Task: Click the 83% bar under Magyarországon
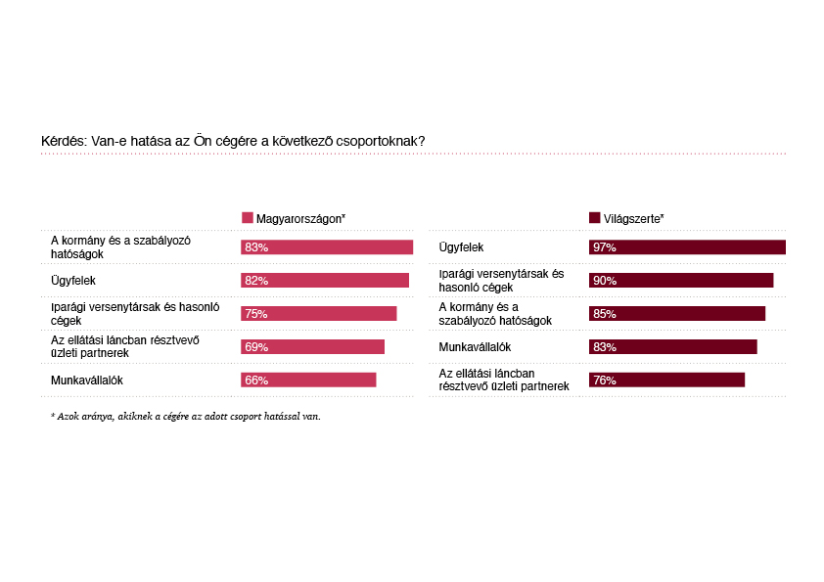click(x=327, y=247)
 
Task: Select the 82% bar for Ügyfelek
click(x=325, y=281)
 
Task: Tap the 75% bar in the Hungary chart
click(x=319, y=314)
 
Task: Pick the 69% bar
click(x=313, y=347)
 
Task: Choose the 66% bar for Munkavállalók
click(x=308, y=380)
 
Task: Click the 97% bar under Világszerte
click(x=687, y=247)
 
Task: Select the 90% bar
click(x=681, y=281)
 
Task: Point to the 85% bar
click(x=677, y=314)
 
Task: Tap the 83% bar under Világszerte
click(x=673, y=347)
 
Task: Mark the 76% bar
click(x=666, y=380)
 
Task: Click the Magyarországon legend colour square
click(x=247, y=218)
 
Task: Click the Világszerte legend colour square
click(x=595, y=218)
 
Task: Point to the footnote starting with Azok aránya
click(x=185, y=417)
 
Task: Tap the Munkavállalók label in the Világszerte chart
click(x=476, y=347)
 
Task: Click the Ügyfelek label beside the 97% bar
click(x=461, y=247)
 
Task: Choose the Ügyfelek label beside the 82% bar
click(x=72, y=281)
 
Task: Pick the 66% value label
click(x=256, y=381)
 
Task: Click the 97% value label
click(x=604, y=248)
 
